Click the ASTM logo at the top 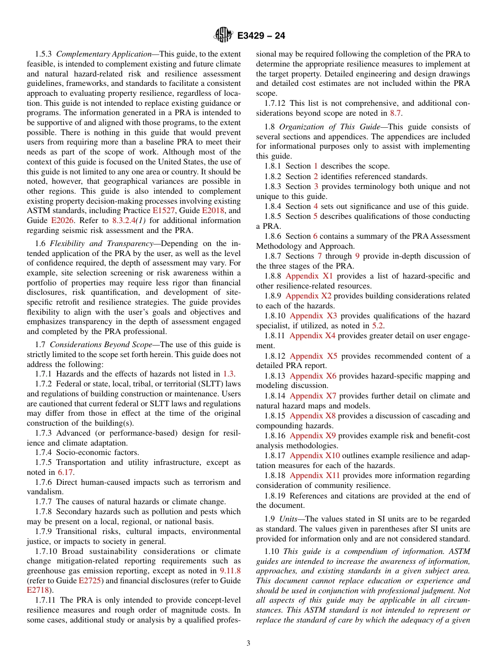(222, 36)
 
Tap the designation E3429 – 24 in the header (261, 36)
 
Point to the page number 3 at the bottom (249, 643)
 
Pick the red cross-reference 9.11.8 (230, 571)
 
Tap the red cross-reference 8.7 (396, 113)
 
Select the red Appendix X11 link (314, 475)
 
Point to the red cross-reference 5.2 (378, 326)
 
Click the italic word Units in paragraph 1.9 (288, 519)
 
